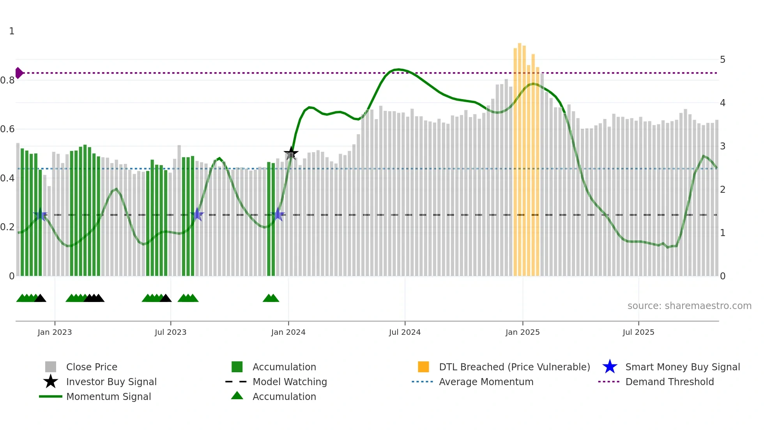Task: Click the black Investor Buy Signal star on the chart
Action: point(291,153)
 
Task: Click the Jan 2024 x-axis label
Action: point(288,332)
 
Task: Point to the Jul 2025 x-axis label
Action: point(638,332)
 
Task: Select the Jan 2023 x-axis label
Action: point(55,332)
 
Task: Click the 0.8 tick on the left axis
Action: point(7,80)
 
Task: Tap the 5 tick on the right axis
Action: point(722,60)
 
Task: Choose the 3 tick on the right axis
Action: point(722,146)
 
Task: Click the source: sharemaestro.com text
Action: point(689,306)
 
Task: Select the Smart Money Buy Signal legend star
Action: point(610,367)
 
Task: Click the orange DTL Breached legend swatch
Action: point(423,367)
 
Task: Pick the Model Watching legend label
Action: point(290,382)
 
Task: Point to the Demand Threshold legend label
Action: point(669,382)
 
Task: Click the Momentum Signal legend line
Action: point(51,396)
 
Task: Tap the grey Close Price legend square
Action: point(51,367)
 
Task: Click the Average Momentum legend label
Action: point(486,382)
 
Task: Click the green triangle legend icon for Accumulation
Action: point(237,396)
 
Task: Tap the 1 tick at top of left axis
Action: point(12,31)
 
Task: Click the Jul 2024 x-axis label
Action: point(405,332)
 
